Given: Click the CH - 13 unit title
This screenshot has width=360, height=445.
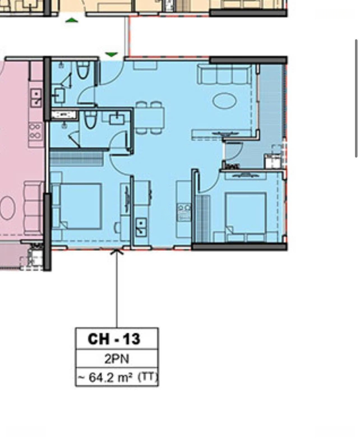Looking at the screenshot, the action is coord(114,339).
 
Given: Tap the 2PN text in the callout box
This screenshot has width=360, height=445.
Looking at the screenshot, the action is coord(117,359).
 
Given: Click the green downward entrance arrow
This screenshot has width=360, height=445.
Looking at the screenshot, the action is coord(111,54).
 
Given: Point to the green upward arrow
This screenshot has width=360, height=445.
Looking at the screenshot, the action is coord(72,20).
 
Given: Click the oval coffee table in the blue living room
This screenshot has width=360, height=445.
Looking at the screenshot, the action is coord(224,101).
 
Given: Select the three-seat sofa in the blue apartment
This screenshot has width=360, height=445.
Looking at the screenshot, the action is coord(224,74).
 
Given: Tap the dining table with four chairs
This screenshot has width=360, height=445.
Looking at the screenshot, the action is coord(150,117).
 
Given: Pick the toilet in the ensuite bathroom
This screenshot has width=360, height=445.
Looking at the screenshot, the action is coord(91,120).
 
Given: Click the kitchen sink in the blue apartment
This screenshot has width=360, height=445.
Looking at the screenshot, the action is coord(141,227).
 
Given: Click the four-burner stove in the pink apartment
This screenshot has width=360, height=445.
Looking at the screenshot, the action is coord(35,131).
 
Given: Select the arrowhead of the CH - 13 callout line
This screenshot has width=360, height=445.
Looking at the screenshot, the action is coord(117,252).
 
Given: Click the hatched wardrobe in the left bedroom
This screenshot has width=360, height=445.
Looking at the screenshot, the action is coord(76,159).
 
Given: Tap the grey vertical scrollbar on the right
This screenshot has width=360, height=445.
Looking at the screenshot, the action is coord(356,98).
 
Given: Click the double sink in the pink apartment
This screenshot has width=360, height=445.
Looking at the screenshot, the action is coord(36,97).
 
